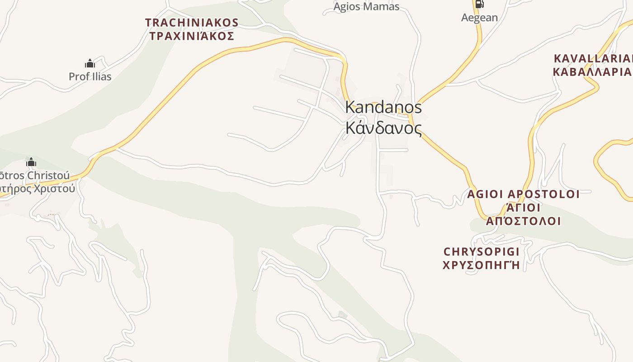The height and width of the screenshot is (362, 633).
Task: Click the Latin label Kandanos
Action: click(x=383, y=107)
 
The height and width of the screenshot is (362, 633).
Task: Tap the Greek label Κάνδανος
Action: click(x=383, y=128)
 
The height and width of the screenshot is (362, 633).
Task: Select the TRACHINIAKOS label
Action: click(x=192, y=23)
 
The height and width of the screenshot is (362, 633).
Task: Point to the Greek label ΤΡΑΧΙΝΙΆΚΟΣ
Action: click(x=192, y=36)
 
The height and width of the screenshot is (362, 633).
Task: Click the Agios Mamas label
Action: click(x=366, y=6)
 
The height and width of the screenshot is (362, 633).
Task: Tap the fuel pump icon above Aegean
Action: click(x=479, y=4)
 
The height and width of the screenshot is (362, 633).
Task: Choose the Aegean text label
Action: click(x=479, y=18)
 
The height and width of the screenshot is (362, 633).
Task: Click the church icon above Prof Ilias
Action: click(x=90, y=63)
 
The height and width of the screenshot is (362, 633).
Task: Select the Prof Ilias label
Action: click(x=90, y=76)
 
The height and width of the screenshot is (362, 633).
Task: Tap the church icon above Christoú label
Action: click(x=31, y=162)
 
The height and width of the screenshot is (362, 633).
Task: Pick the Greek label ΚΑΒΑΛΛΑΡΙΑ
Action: click(x=592, y=72)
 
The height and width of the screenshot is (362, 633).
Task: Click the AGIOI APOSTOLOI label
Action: click(x=523, y=195)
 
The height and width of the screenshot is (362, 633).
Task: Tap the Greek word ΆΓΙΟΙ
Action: click(x=523, y=208)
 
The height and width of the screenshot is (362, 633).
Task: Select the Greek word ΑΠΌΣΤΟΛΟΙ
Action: click(x=523, y=221)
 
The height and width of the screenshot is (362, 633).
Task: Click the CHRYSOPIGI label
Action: click(x=482, y=252)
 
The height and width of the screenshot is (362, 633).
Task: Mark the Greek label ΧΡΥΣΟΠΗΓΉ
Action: click(x=482, y=265)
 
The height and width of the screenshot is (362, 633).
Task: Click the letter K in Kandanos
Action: click(x=350, y=107)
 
